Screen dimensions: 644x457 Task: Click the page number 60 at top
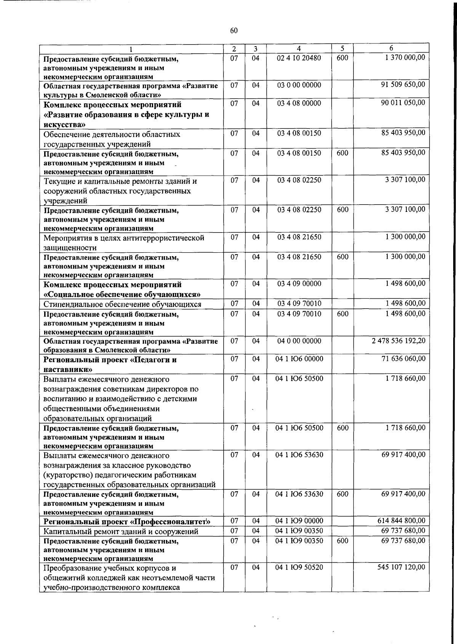[x=234, y=30]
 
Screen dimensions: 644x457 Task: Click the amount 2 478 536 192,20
[x=399, y=341]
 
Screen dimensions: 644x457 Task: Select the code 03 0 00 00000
[x=299, y=85]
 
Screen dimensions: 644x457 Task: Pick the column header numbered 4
[x=299, y=48]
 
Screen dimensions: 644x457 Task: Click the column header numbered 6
[x=391, y=48]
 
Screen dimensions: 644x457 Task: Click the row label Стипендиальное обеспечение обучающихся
[x=122, y=304]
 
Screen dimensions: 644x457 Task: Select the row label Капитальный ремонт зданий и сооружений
[x=121, y=531]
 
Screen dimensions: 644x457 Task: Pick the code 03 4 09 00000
[x=299, y=284]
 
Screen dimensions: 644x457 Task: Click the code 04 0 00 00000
[x=299, y=341]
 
